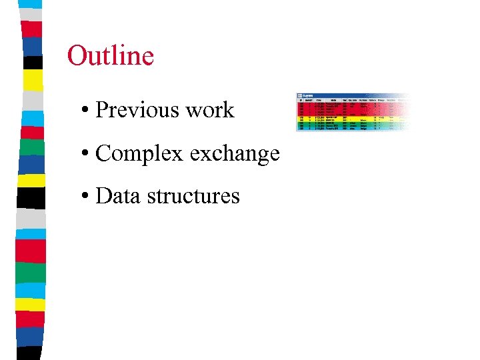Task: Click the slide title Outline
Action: pos(111,55)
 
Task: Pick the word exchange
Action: pos(234,154)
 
